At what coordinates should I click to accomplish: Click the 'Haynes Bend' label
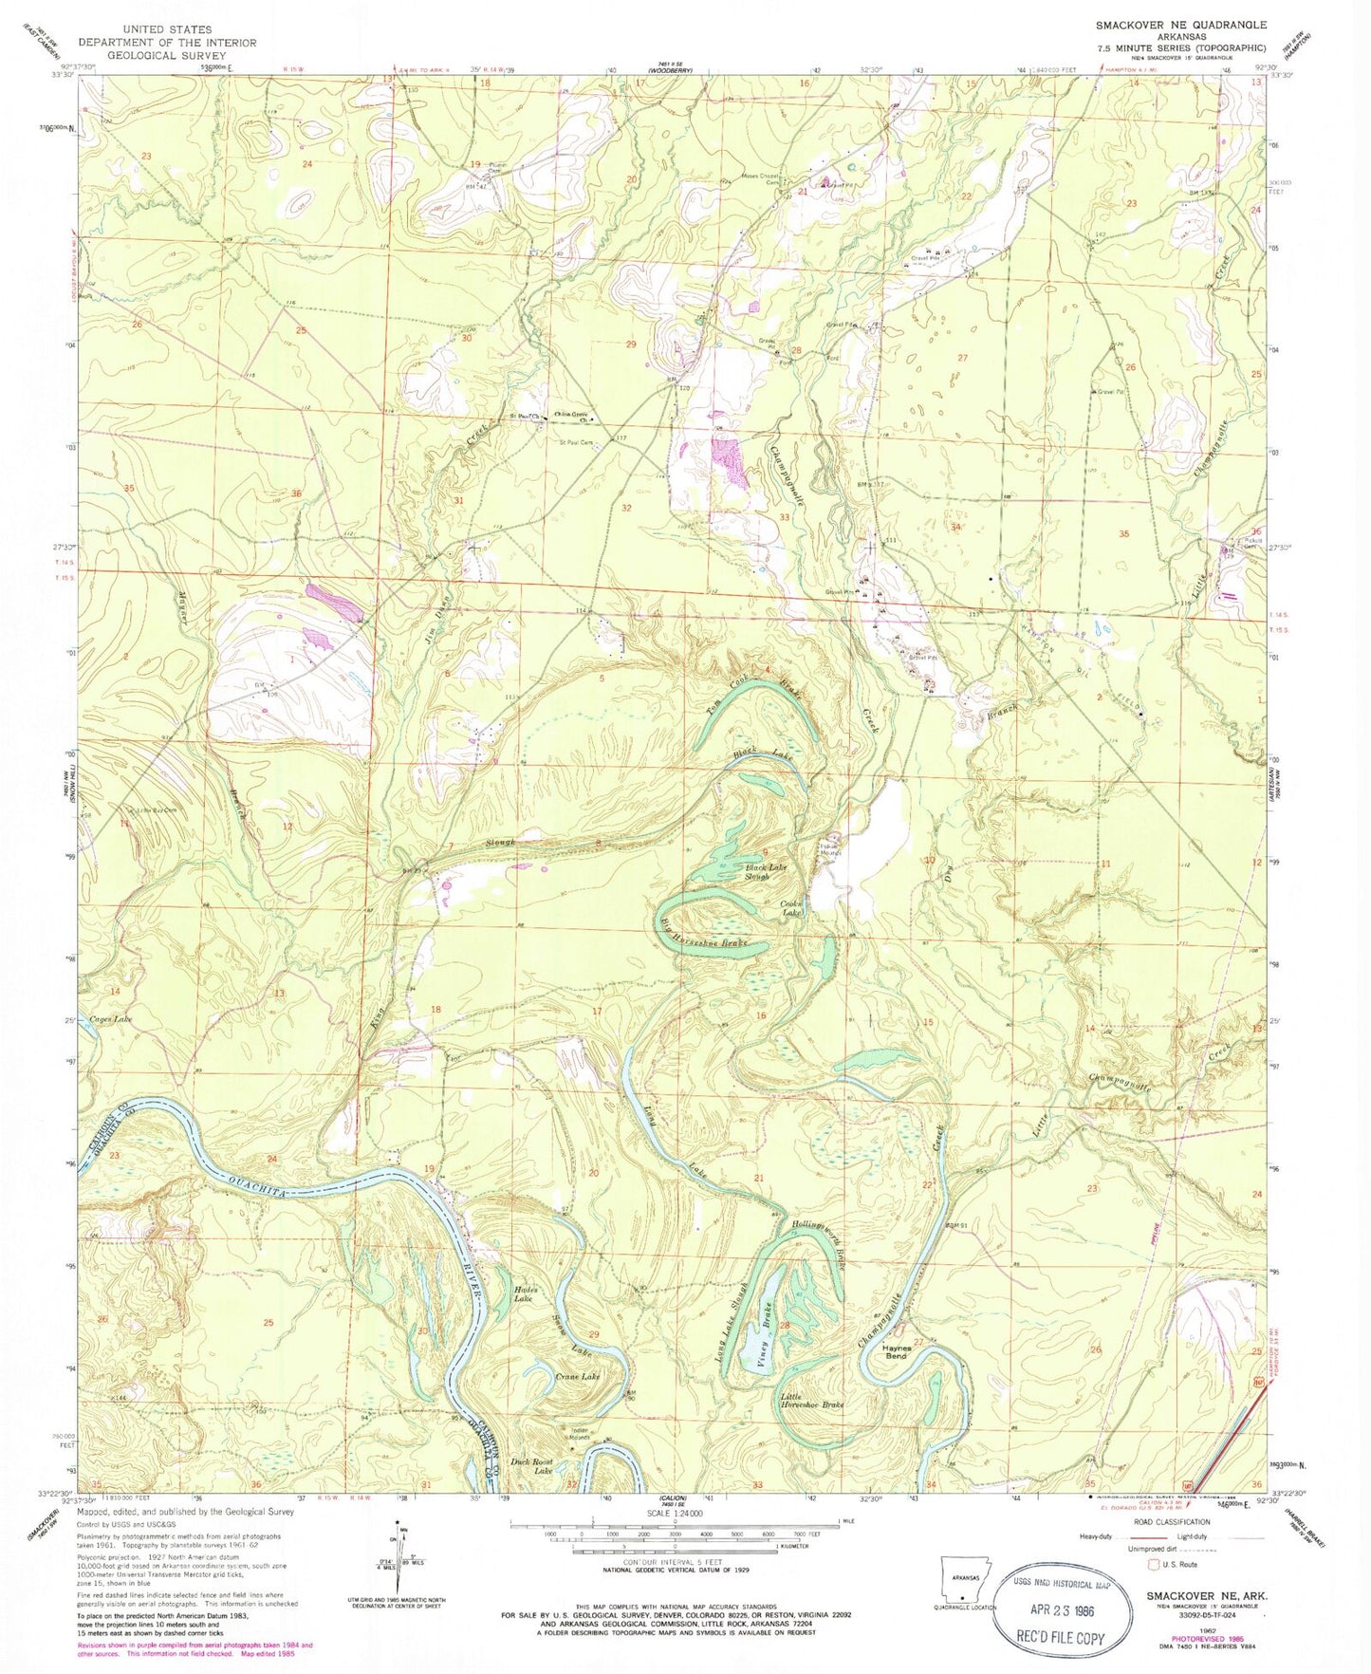point(896,1351)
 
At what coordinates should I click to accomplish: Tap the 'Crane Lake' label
point(578,1376)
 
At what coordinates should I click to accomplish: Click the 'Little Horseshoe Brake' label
point(812,1400)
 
